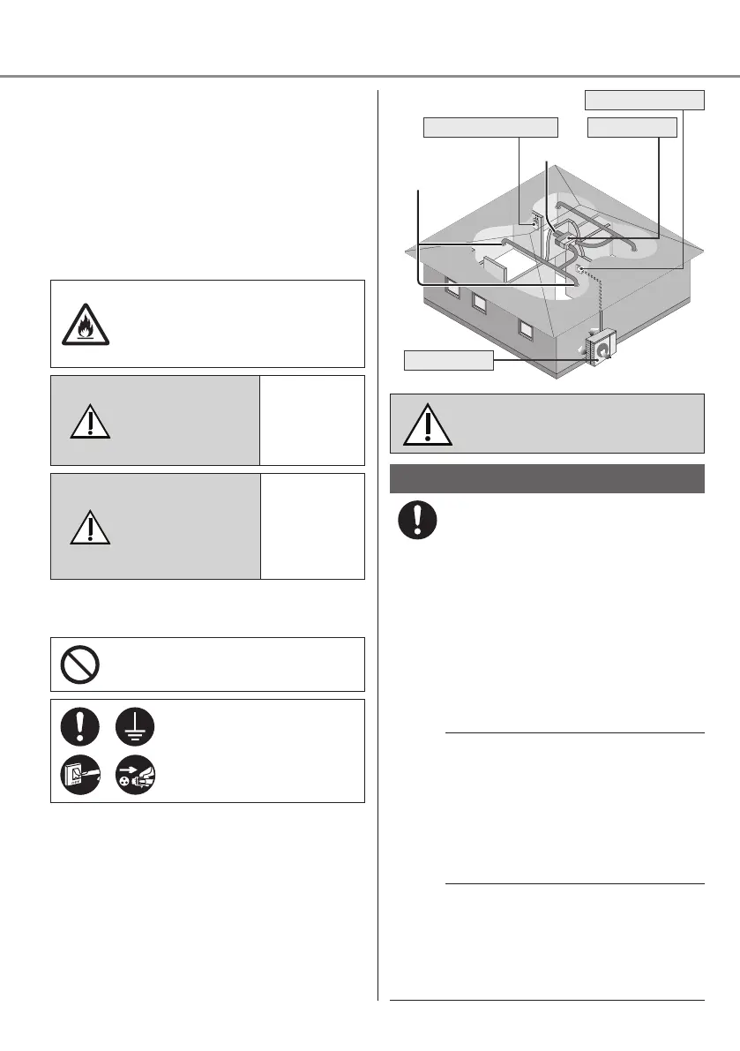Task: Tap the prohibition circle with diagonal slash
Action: click(x=80, y=664)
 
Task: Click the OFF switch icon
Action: click(x=80, y=774)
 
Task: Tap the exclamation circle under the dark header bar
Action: click(x=417, y=522)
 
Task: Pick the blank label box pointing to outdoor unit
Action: click(x=447, y=360)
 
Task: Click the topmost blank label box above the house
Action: click(x=646, y=100)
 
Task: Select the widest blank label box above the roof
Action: click(x=490, y=128)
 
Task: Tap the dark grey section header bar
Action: click(x=547, y=478)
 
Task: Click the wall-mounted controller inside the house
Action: click(x=534, y=222)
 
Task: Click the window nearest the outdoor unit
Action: click(x=526, y=328)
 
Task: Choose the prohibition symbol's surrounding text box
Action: click(x=207, y=664)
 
